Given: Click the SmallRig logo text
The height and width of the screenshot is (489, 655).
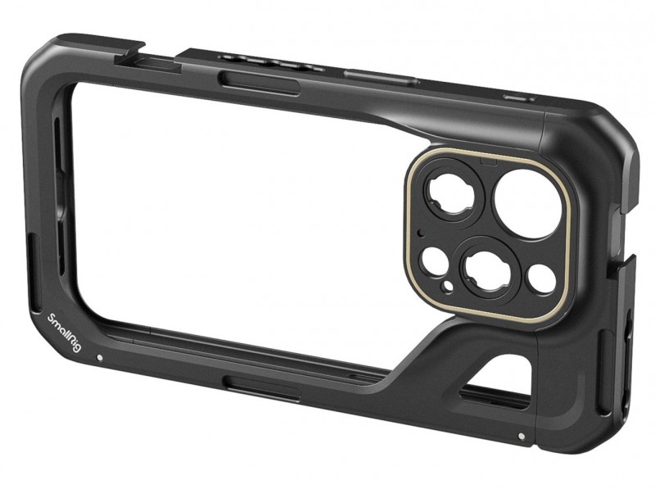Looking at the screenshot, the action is click(64, 333).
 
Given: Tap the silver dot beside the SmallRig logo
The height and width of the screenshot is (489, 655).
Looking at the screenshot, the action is click(99, 358).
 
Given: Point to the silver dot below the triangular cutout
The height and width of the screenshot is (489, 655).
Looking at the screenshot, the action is click(521, 437).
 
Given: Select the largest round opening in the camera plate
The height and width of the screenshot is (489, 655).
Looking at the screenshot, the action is click(527, 203).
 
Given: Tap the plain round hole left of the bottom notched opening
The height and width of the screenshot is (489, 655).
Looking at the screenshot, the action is click(433, 262).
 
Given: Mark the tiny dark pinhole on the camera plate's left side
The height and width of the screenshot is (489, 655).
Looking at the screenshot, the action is click(422, 232).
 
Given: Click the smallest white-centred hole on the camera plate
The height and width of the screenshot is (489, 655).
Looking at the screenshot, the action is click(448, 286).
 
